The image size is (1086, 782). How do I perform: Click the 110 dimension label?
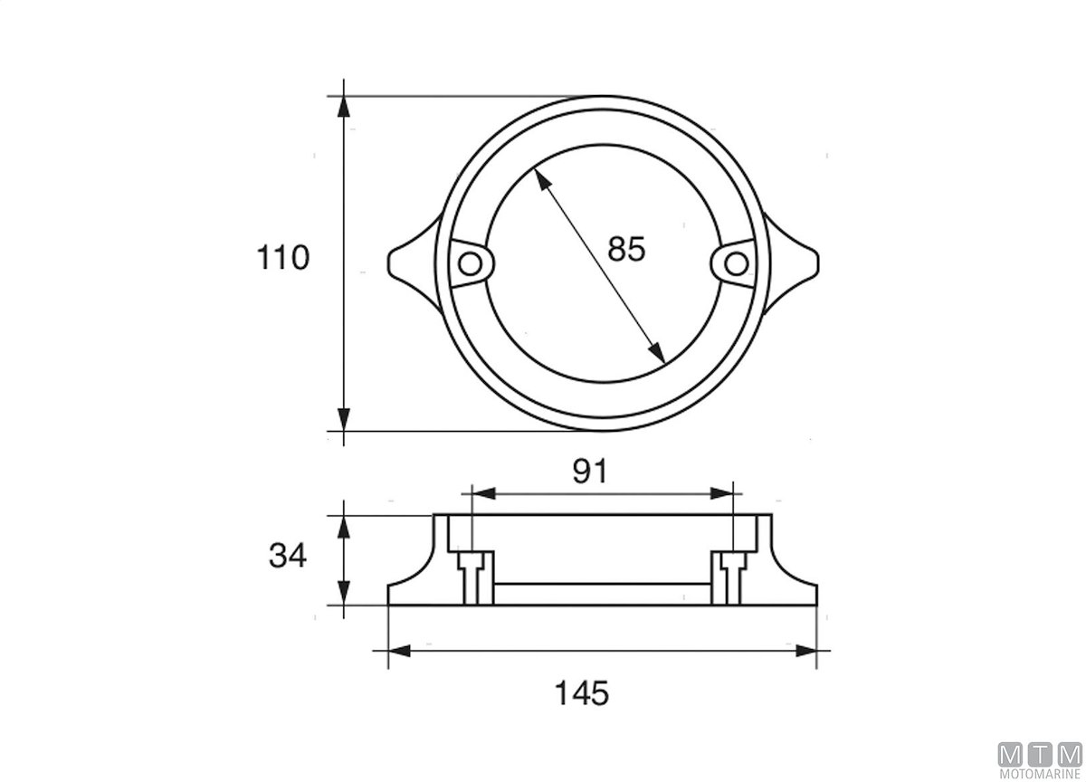click(x=282, y=257)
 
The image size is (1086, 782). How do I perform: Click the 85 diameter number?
click(x=626, y=249)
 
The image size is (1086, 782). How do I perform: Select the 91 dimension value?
click(x=589, y=472)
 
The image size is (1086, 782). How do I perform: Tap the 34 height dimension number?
click(x=288, y=556)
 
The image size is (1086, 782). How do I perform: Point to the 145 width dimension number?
click(x=581, y=693)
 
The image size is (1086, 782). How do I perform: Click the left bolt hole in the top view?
click(x=470, y=264)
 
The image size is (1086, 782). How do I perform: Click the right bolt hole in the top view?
click(x=737, y=264)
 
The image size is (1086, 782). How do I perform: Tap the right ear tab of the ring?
click(x=791, y=263)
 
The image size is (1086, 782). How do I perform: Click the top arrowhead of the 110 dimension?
click(x=344, y=107)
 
